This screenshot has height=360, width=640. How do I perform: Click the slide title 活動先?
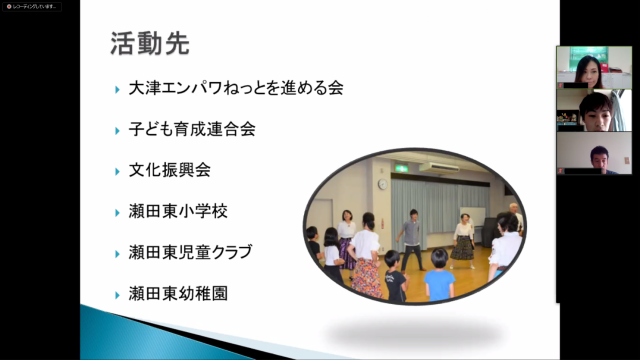150,43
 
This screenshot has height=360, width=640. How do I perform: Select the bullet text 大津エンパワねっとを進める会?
236,87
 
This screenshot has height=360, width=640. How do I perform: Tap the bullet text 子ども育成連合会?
192,129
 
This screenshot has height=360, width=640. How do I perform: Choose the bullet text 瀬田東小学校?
178,211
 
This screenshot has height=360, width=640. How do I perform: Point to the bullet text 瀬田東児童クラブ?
190,252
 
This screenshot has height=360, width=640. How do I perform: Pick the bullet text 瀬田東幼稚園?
178,293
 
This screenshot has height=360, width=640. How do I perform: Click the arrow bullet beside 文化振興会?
117,171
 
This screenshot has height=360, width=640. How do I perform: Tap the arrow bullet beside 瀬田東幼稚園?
117,295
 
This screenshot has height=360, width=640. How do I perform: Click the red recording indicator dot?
9,6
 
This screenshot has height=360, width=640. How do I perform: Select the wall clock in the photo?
382,184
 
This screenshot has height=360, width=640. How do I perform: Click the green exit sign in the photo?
401,168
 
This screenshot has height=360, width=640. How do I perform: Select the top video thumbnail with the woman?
594,67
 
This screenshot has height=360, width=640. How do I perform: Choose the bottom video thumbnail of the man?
594,153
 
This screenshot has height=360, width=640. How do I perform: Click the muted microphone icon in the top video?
560,85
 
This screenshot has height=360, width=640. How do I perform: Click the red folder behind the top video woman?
603,68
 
